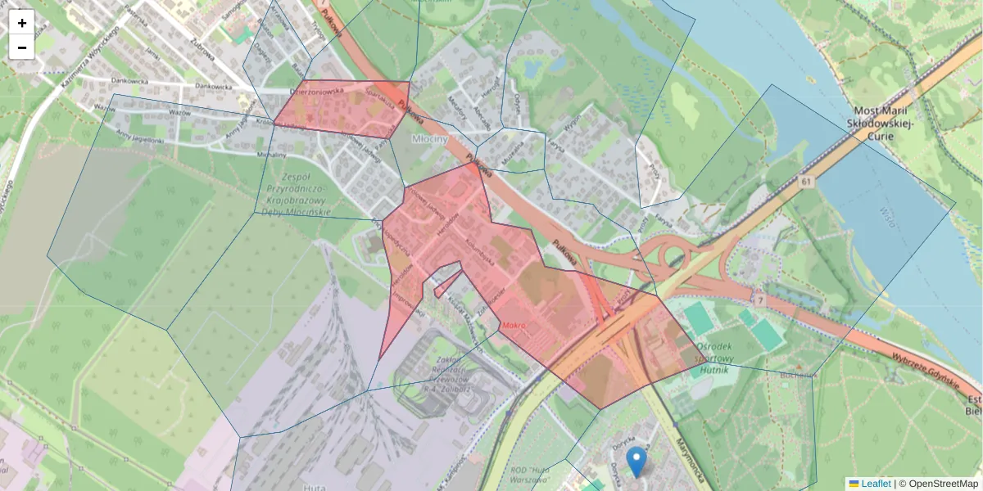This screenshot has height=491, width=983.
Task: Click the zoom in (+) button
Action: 22,23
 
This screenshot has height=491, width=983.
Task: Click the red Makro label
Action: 514,326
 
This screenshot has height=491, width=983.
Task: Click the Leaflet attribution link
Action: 876,484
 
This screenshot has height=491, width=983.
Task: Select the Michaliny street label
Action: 271,154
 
